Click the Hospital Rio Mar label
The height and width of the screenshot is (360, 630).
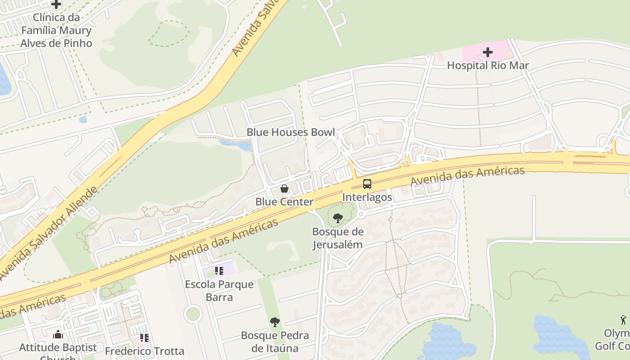tap(488, 66)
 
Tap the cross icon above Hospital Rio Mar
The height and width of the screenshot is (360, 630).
tap(488, 52)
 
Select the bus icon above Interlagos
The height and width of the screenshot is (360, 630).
tap(367, 184)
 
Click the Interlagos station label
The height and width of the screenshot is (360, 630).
tap(367, 197)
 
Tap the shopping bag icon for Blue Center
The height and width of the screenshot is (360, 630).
tap(284, 189)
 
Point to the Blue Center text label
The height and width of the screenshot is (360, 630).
tap(284, 202)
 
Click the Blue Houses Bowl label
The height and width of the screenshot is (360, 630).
tap(291, 132)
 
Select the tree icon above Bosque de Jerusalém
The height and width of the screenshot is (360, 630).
tap(337, 219)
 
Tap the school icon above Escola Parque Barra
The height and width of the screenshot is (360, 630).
tap(219, 271)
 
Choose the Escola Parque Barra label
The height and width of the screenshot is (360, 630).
tap(219, 291)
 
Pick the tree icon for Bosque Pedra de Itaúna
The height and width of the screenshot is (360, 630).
tap(275, 322)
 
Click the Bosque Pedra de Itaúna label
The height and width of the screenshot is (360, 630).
tap(275, 342)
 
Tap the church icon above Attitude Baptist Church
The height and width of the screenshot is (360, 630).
tap(58, 334)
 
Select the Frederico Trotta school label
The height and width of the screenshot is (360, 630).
tap(144, 351)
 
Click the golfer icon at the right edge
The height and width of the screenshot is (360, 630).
tap(623, 320)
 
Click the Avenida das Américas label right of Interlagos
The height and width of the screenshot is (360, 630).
tap(468, 177)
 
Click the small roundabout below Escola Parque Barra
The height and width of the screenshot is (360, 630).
tap(193, 313)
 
